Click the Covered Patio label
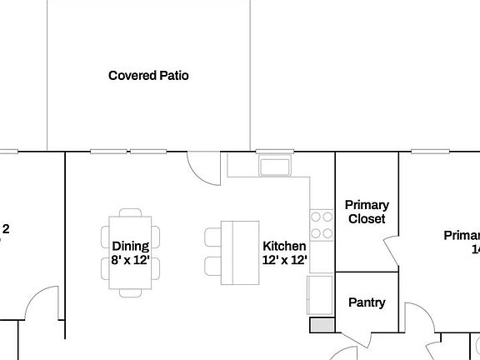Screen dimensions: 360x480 click(x=148, y=76)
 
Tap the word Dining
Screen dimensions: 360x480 click(x=130, y=246)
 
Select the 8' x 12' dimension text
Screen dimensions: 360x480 click(x=130, y=260)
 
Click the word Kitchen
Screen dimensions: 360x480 click(x=284, y=247)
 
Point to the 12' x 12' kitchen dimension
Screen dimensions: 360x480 click(x=284, y=260)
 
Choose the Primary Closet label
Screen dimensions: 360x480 click(x=367, y=212)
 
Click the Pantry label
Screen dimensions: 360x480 click(x=367, y=302)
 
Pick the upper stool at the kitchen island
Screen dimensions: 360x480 click(x=212, y=237)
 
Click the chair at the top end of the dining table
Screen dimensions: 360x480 click(x=131, y=213)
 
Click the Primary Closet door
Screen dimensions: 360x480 click(x=391, y=251)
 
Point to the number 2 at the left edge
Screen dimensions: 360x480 click(x=6, y=228)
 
